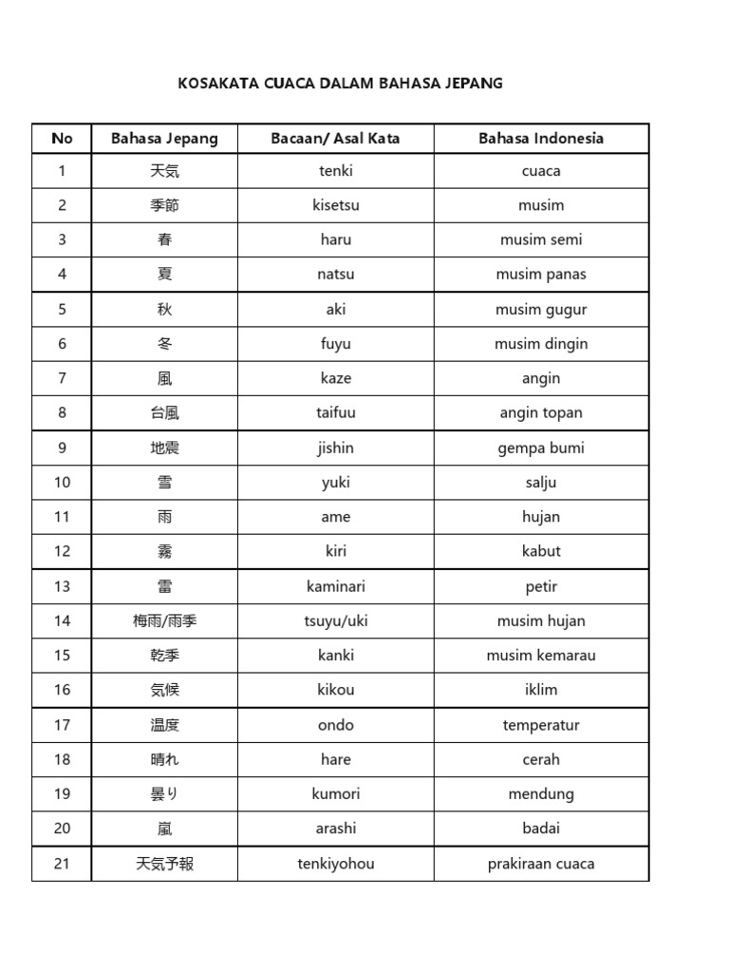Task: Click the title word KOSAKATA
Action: point(209,84)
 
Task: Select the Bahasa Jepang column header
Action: point(164,139)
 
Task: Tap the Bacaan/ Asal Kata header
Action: point(335,139)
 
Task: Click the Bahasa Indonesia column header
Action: point(541,139)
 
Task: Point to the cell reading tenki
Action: point(335,171)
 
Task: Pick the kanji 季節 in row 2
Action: point(164,205)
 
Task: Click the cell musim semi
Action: point(541,239)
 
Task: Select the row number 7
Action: point(62,378)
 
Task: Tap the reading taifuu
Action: point(335,412)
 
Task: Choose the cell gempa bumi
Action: point(541,448)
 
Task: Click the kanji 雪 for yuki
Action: point(164,482)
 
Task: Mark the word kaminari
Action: point(335,586)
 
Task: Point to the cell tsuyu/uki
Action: point(335,620)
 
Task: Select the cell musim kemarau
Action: point(541,655)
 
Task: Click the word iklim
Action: point(541,690)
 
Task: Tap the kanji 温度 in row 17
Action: point(164,725)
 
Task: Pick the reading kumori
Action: point(335,793)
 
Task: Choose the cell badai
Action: point(541,828)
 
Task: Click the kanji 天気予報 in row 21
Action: point(164,864)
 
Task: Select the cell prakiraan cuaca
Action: point(541,864)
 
